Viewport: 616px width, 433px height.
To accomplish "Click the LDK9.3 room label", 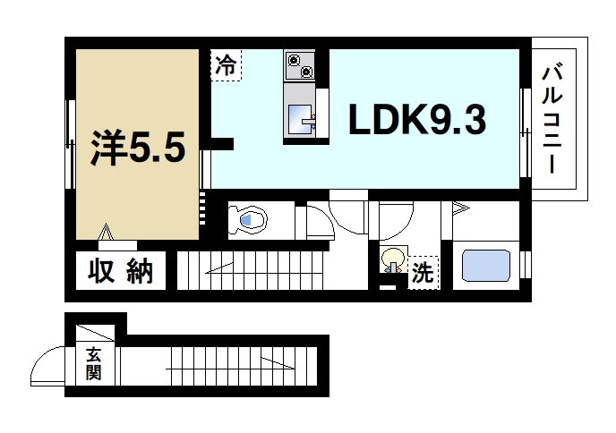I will pos(416,119).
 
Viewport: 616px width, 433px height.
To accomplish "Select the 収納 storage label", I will pos(120,270).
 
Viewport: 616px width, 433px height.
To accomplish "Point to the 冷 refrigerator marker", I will pos(227,64).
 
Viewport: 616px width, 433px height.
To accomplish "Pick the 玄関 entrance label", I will pos(93,362).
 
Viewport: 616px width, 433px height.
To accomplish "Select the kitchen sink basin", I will pos(301,117).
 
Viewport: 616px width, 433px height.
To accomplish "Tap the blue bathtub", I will pos(485,266).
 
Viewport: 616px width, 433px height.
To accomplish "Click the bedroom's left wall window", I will pos(69,143).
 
